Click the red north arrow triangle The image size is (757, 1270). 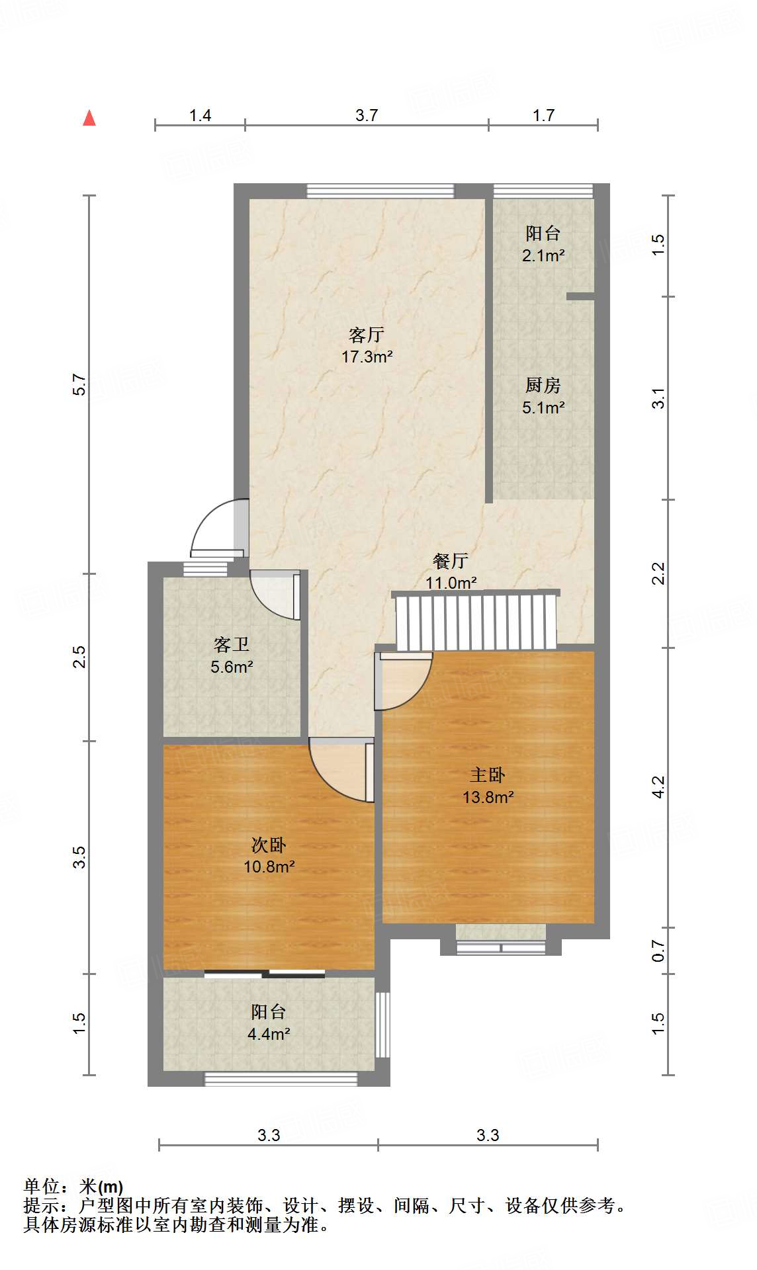pos(89,118)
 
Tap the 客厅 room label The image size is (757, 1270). pos(367,334)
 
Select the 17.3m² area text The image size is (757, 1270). pos(367,357)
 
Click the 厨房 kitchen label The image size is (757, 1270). pos(543,384)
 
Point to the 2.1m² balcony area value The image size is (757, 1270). pos(543,255)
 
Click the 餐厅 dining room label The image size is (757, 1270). pos(451,561)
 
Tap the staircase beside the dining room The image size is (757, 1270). pos(475,622)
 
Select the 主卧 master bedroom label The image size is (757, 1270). pos(488,774)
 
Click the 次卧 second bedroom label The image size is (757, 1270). pos(269,845)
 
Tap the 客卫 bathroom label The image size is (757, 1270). pos(232,644)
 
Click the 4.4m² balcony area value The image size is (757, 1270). pos(269,1034)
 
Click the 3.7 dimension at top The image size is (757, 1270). pos(367,115)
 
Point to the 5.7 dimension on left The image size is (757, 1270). pos(79,384)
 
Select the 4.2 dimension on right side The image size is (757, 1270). pos(658,786)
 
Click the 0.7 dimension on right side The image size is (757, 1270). pos(658,951)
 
